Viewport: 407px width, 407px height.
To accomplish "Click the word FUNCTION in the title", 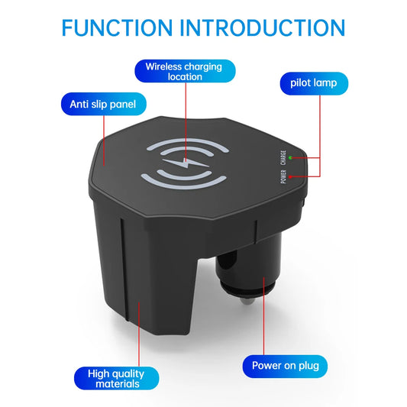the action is pos(117,27).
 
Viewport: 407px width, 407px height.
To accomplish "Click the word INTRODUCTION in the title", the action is pos(262,27).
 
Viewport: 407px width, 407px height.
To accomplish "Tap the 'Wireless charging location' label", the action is pos(185,71).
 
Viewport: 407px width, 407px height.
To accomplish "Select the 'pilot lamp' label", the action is pos(314,83).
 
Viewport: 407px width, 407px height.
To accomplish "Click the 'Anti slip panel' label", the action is pos(104,104).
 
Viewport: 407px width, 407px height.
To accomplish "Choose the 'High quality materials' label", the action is pos(117,378).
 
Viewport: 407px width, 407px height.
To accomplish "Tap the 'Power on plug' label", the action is pos(285,366).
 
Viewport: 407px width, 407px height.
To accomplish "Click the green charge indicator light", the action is pos(290,157).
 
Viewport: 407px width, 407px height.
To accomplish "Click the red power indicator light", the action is pos(290,176).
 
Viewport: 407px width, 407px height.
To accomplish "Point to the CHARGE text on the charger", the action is pos(283,157).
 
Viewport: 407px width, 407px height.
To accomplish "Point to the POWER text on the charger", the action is pos(283,176).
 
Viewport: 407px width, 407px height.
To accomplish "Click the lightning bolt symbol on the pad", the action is pos(186,163).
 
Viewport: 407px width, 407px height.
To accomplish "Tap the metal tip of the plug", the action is pos(247,301).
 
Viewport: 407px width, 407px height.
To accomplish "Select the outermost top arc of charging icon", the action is pos(187,141).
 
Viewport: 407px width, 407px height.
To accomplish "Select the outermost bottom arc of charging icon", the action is pos(183,185).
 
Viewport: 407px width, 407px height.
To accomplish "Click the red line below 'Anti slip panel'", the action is pos(104,141).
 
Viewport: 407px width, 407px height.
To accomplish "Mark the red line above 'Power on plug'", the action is pos(263,316).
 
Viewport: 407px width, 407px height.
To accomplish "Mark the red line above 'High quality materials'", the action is pos(139,334).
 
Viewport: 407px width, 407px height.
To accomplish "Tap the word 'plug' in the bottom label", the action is pos(308,367).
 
